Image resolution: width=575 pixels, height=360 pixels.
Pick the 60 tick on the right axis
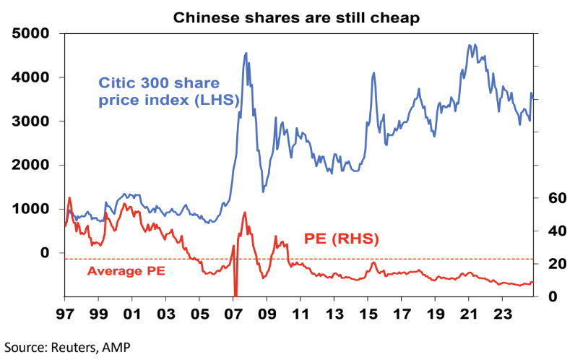(x=549, y=198)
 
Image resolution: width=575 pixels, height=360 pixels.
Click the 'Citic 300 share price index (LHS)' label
(x=168, y=92)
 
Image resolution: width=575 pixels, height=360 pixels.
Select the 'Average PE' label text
(x=126, y=272)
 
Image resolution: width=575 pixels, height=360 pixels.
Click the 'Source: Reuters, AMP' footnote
(x=69, y=348)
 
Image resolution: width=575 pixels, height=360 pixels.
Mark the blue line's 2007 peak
(x=246, y=53)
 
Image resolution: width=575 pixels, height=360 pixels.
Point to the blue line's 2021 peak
(x=470, y=45)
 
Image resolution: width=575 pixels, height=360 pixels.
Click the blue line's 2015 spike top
(x=373, y=72)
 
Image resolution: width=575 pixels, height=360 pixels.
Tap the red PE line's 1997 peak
(x=69, y=197)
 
